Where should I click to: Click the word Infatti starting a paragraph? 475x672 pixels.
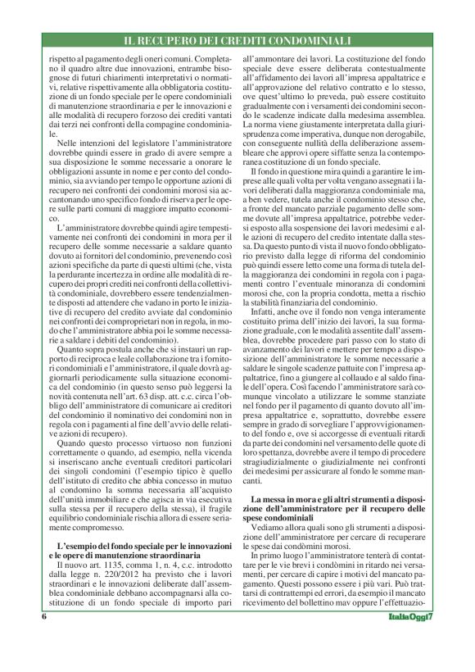click(267, 312)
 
